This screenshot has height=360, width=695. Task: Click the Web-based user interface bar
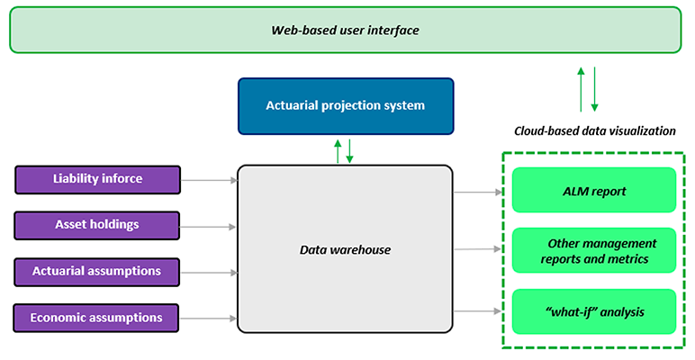[346, 30]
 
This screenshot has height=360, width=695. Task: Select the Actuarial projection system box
[345, 106]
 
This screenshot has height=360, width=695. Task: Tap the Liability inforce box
[97, 179]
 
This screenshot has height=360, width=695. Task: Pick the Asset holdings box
[97, 224]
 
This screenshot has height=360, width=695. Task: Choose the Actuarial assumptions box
[97, 271]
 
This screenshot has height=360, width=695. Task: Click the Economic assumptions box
[96, 318]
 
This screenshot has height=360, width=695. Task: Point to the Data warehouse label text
[345, 249]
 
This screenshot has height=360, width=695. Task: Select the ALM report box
[593, 191]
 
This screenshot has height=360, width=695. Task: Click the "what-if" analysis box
[593, 312]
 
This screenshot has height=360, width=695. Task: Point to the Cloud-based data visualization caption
[594, 130]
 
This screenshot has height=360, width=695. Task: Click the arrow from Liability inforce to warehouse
[209, 180]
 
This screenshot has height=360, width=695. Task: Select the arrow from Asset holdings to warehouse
[209, 225]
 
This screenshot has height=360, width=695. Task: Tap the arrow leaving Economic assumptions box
[209, 318]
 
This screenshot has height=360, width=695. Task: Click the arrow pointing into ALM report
[477, 191]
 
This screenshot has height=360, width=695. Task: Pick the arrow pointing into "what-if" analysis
[477, 312]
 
